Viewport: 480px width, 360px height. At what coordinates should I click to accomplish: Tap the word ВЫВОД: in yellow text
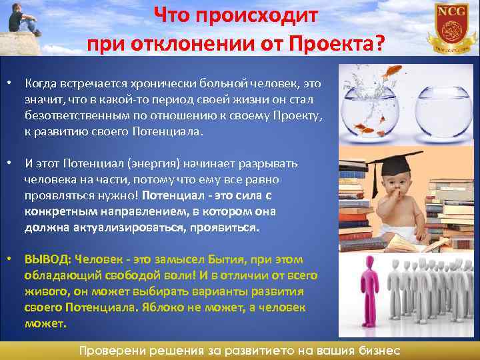[x=48, y=260]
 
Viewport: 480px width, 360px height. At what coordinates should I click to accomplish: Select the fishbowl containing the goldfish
[x=373, y=113]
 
